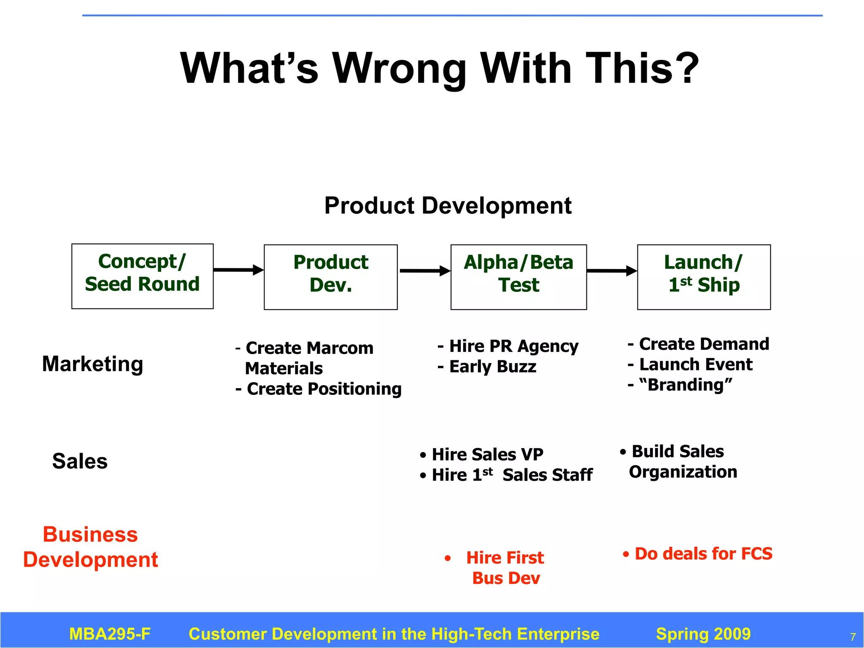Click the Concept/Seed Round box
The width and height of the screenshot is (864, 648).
point(142,276)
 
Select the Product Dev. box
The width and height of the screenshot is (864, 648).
point(330,277)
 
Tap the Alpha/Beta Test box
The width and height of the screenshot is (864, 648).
point(518,277)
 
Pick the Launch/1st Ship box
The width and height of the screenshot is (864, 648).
point(704,277)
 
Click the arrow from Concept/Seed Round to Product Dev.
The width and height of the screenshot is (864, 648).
point(238,270)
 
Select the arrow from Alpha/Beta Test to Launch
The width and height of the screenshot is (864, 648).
point(612,271)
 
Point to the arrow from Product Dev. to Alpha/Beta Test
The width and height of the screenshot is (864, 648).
point(424,271)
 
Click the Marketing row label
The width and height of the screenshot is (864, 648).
point(93,364)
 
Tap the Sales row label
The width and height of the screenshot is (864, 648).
point(80,461)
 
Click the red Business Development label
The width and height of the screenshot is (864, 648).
point(90,547)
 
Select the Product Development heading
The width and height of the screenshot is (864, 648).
point(448,206)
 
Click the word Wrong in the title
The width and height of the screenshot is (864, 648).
point(399,68)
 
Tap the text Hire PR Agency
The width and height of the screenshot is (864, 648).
point(508,346)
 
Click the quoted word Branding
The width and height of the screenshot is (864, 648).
point(686,385)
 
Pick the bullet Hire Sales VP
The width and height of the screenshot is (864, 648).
point(482,454)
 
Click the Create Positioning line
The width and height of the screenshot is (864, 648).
point(319,389)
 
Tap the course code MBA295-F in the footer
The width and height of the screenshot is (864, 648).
point(110,634)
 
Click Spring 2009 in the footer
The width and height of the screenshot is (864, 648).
point(703,634)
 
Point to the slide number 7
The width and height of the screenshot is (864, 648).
point(853,637)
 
